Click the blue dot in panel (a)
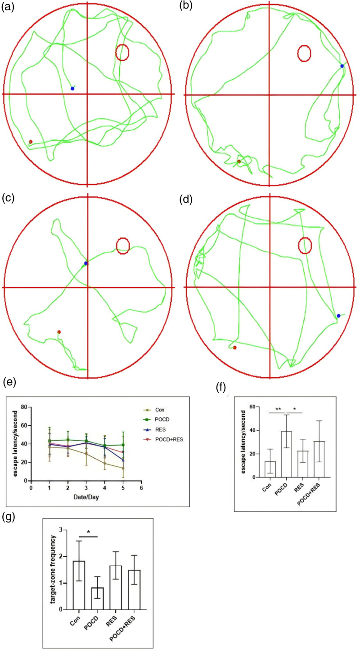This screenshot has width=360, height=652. coord(72,89)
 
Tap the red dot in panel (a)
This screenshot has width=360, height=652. coord(31,142)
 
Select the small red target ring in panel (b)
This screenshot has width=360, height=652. coord(305,53)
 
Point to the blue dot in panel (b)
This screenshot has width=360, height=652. coord(342,66)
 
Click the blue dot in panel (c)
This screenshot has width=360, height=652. coord(85,263)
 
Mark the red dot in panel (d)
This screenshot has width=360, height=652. coord(235,347)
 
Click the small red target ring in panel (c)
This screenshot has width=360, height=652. coord(123,245)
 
